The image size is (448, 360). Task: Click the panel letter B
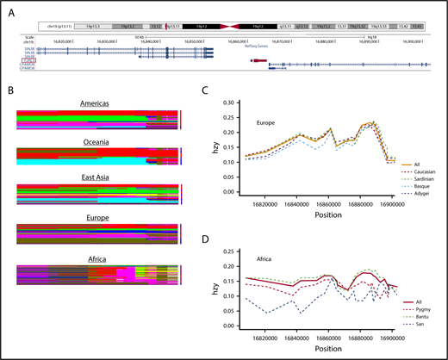(8, 89)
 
